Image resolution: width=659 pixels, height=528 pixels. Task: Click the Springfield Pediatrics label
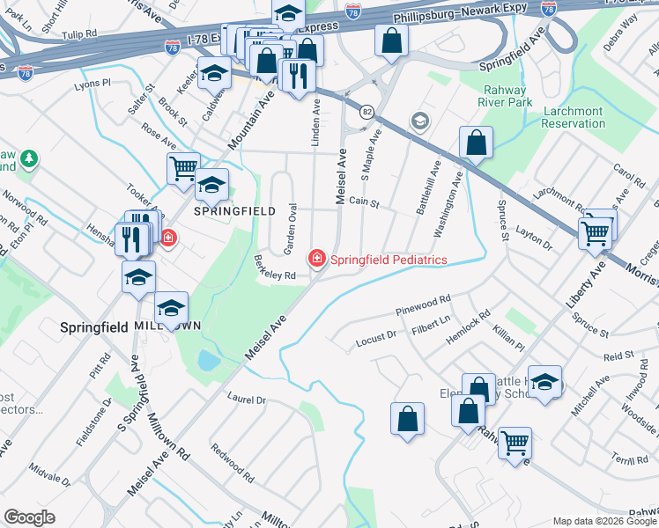click(x=389, y=260)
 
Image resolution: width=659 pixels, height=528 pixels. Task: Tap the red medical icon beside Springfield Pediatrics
click(x=315, y=259)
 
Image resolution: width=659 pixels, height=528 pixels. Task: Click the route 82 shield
click(x=365, y=112)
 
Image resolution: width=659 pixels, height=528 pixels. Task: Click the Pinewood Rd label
click(x=423, y=304)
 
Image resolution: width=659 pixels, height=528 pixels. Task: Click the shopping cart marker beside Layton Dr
click(x=595, y=233)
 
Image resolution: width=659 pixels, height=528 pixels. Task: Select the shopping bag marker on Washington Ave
click(x=476, y=142)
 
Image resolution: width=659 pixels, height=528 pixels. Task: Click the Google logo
click(x=29, y=517)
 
